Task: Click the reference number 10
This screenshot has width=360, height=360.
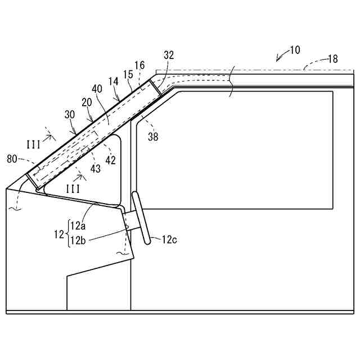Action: click(295, 50)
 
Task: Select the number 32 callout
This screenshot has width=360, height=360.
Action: click(169, 55)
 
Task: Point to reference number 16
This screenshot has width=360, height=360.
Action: click(140, 65)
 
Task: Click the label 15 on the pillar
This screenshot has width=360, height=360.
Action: click(128, 74)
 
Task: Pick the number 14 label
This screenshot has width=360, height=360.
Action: click(114, 82)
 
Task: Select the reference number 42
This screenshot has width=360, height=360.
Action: click(111, 160)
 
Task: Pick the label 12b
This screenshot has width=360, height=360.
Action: click(78, 240)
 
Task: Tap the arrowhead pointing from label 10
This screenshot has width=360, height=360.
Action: click(277, 60)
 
